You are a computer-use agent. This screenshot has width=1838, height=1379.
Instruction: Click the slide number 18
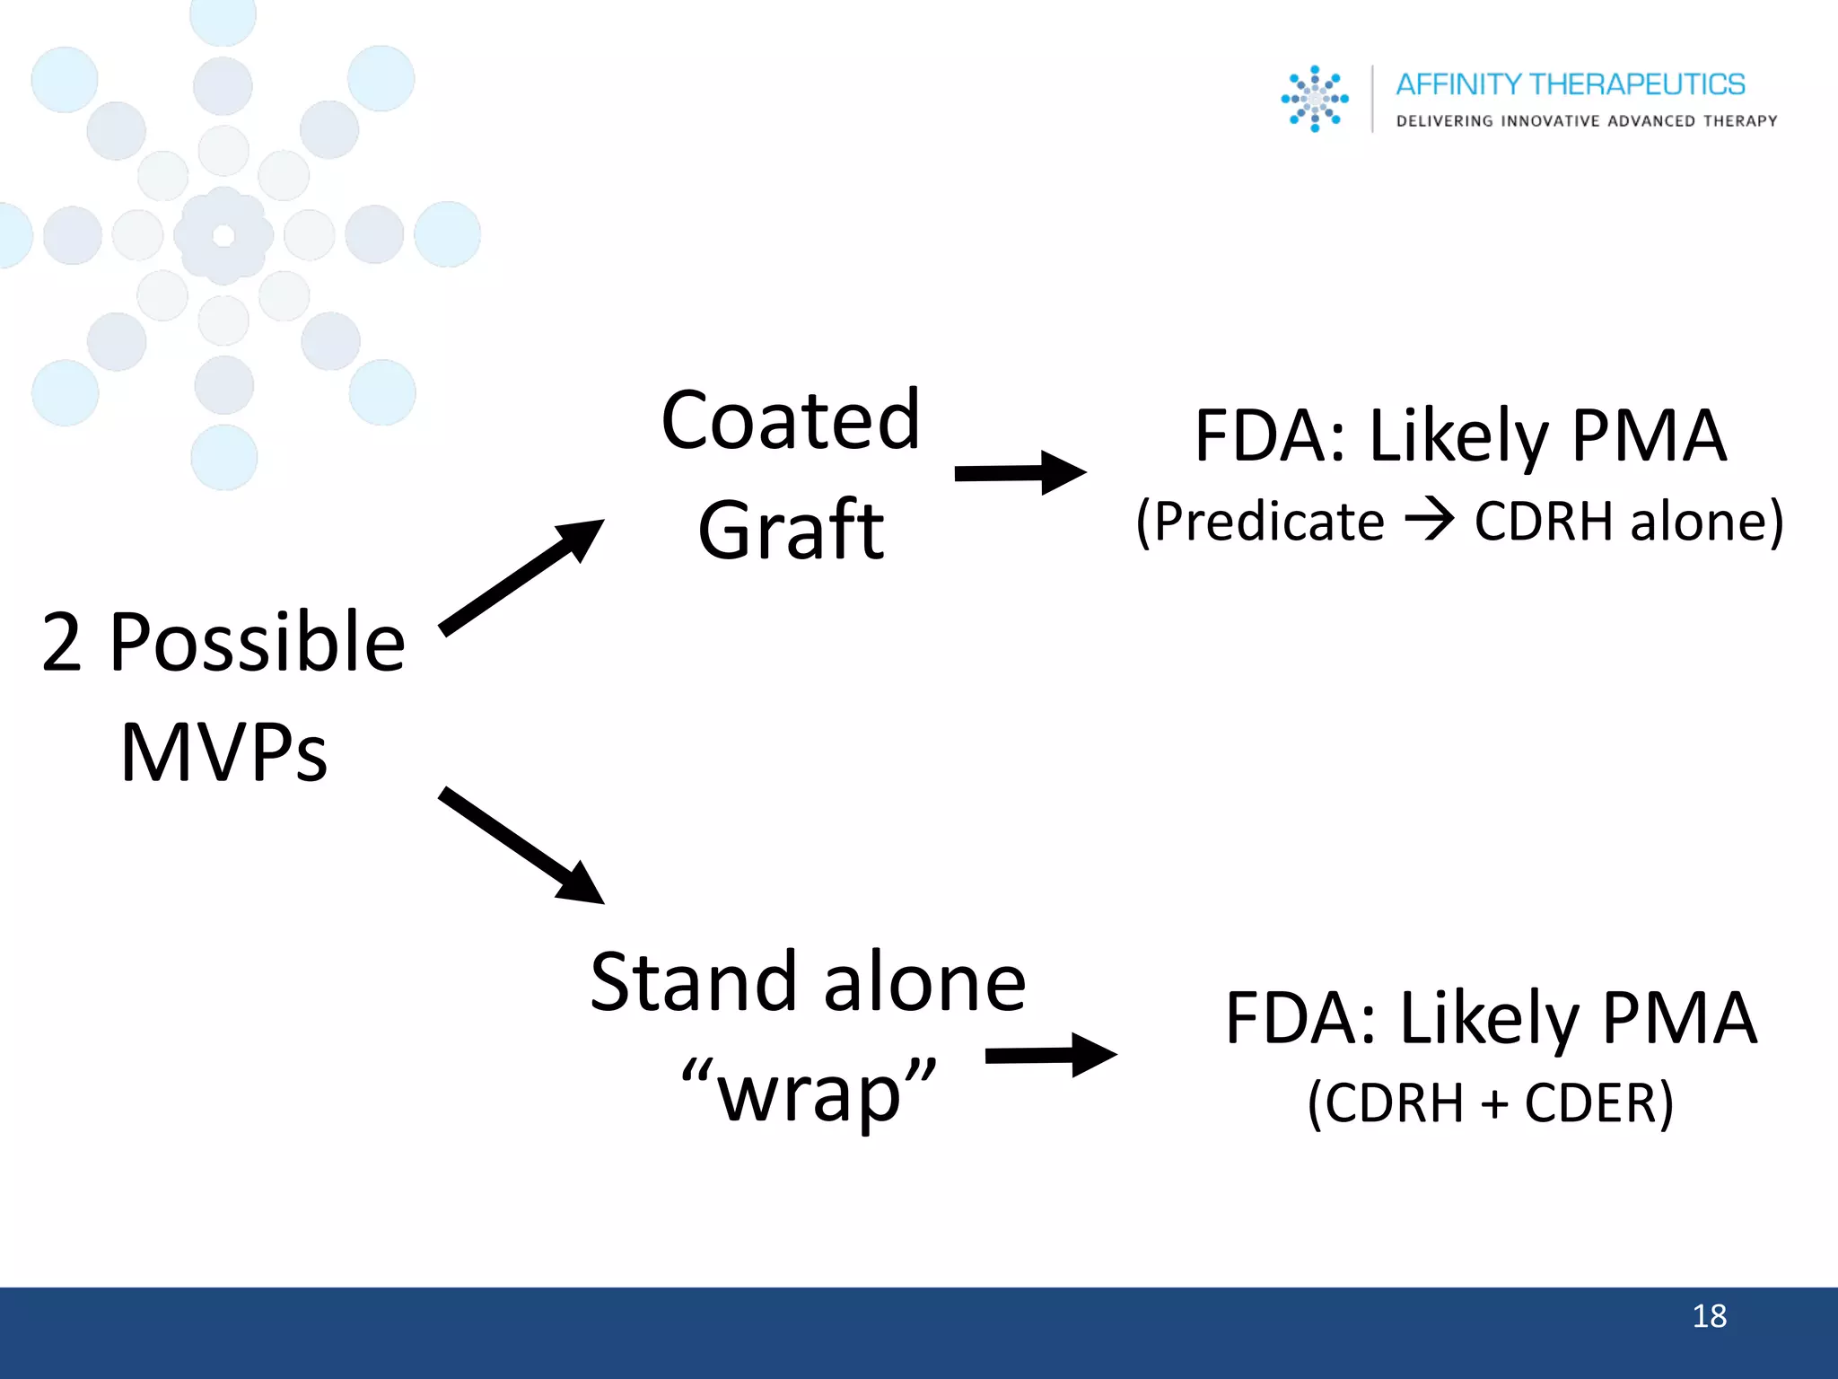tap(1709, 1316)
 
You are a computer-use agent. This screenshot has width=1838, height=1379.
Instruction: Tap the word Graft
tap(790, 531)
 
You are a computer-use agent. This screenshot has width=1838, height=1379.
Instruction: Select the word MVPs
tap(223, 752)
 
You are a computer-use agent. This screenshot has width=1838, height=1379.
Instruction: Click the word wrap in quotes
tap(809, 1093)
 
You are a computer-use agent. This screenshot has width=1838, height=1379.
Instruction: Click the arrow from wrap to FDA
tap(1051, 1055)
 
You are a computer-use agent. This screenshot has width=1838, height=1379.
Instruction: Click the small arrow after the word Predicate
tap(1429, 521)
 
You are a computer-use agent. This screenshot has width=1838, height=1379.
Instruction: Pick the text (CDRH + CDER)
tap(1490, 1102)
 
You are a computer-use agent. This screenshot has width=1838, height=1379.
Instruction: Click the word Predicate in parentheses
tap(1269, 521)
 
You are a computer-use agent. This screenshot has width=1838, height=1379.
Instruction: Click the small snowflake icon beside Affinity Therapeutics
tap(1315, 99)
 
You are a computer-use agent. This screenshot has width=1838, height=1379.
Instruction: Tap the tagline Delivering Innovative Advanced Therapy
tap(1586, 121)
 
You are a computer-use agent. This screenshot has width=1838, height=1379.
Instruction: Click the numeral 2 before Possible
tap(62, 643)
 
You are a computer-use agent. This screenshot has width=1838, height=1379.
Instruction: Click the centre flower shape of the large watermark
tap(223, 235)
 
